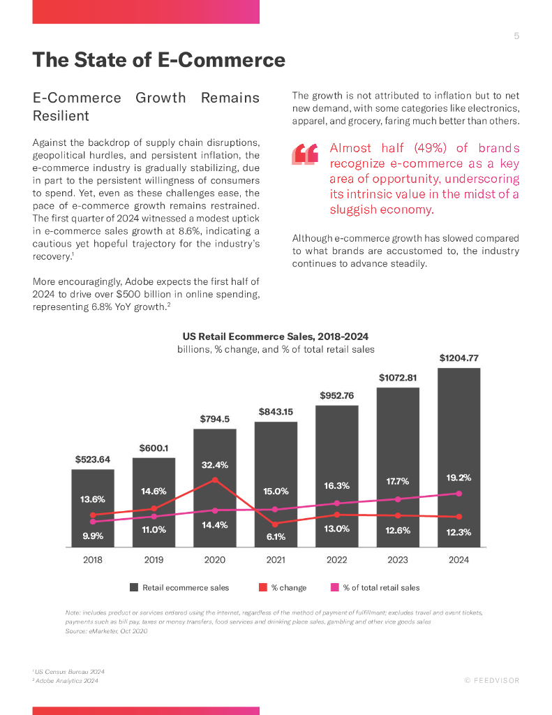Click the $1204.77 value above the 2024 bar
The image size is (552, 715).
(x=458, y=358)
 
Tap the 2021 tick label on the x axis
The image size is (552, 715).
(x=276, y=560)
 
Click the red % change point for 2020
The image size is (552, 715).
(x=215, y=480)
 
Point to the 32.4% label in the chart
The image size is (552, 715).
(x=215, y=465)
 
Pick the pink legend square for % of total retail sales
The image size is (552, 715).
(x=334, y=587)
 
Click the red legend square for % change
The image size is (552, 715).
(x=263, y=587)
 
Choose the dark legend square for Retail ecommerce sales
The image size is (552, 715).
(x=134, y=587)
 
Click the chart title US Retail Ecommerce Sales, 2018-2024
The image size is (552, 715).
(x=276, y=337)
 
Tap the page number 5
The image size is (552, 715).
(x=516, y=36)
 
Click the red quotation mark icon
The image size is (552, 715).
(x=306, y=154)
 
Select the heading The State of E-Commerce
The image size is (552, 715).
(x=159, y=60)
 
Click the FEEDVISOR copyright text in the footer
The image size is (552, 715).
(x=492, y=681)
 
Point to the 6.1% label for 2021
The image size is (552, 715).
(x=276, y=537)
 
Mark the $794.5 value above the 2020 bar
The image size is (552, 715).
(x=215, y=419)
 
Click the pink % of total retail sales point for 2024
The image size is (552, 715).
(x=458, y=493)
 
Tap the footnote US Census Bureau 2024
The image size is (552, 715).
(x=69, y=672)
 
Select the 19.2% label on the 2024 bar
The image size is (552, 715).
(x=458, y=478)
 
